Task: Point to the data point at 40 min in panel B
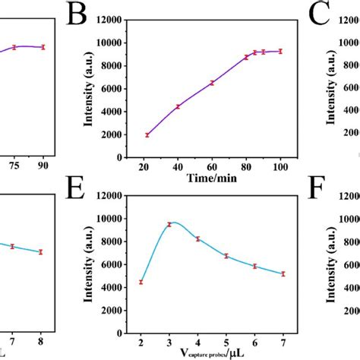(x=178, y=106)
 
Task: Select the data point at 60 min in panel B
(x=212, y=83)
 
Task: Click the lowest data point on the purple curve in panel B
(x=147, y=134)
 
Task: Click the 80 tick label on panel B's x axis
(x=246, y=166)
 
